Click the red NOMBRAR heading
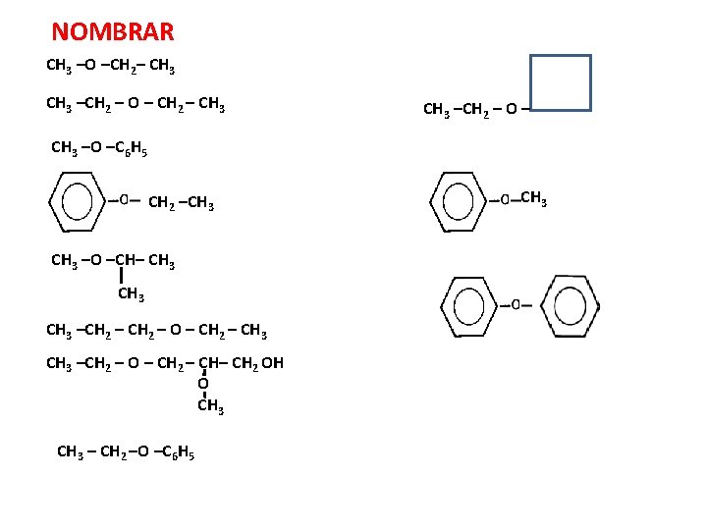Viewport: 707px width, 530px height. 113,32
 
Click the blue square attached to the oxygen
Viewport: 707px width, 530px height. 561,82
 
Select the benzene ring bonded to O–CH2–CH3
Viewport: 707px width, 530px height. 78,202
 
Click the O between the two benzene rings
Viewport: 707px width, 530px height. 516,305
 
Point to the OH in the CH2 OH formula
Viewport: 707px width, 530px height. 273,363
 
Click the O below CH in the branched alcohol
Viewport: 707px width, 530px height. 203,385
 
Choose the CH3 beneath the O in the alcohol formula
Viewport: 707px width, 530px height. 210,406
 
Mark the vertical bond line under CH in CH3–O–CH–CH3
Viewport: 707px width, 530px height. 121,276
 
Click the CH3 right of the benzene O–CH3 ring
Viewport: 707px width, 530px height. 533,200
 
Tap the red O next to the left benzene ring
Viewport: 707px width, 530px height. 124,199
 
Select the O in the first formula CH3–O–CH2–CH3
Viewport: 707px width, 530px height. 90,67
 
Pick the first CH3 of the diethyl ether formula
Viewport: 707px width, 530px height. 58,104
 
